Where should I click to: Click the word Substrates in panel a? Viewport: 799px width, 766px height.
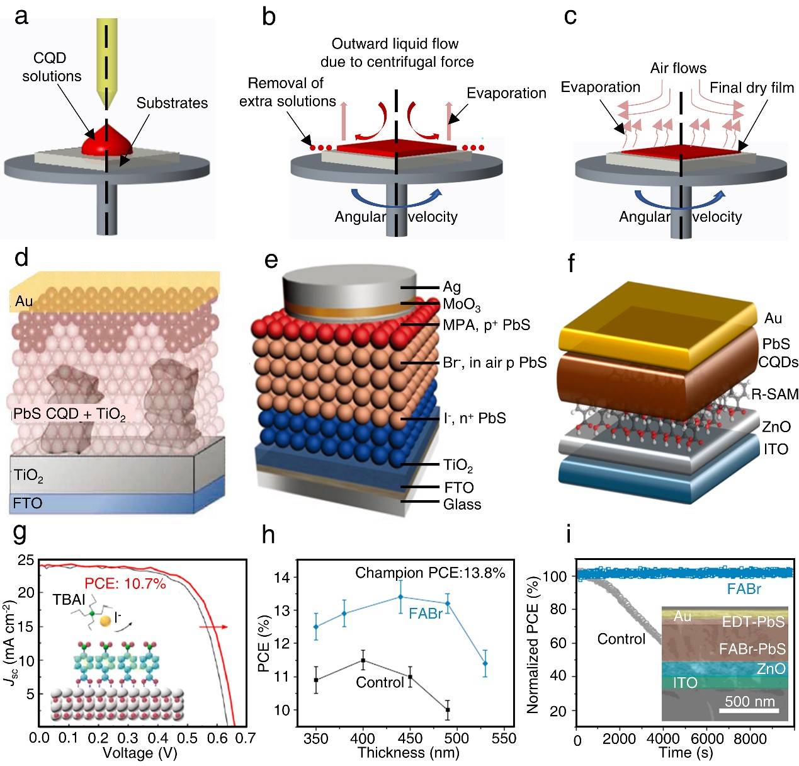tap(172, 103)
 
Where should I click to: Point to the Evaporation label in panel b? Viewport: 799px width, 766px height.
tap(506, 93)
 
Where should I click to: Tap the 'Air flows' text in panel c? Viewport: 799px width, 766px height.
tap(678, 68)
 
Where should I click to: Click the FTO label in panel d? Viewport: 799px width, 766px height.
tap(28, 503)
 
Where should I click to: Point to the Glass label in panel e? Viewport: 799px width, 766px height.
tap(462, 505)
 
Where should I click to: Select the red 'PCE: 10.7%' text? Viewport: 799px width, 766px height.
tap(126, 584)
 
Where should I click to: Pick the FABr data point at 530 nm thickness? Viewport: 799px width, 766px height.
tap(485, 664)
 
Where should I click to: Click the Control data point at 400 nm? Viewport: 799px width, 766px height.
tap(363, 660)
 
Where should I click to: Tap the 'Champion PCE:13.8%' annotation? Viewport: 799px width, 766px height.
tap(430, 573)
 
